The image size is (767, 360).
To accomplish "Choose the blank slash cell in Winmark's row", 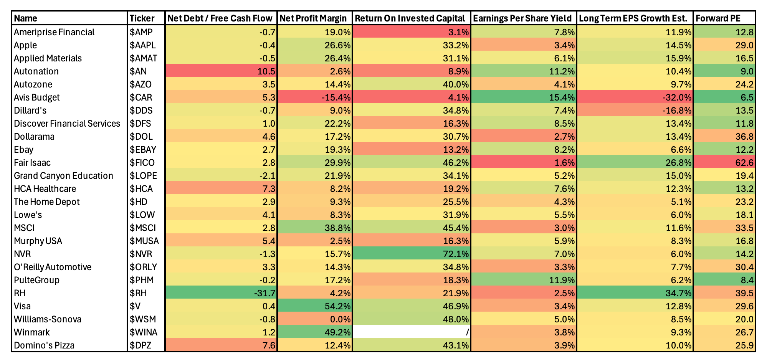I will click(x=412, y=332).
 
